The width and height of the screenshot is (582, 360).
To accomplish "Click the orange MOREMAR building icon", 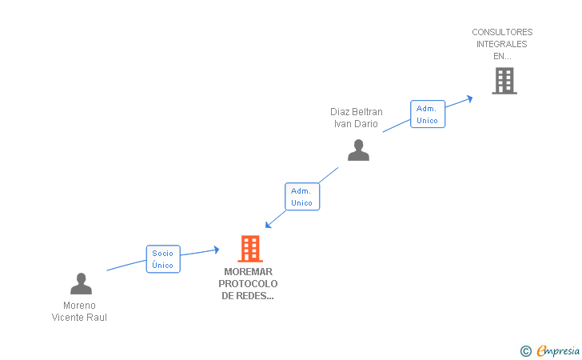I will (x=250, y=249).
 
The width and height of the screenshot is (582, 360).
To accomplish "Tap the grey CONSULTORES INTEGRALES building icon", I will (x=504, y=81).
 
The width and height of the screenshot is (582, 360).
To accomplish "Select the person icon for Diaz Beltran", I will (x=358, y=150).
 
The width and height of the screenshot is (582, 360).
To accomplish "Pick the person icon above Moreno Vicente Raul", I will (x=81, y=283).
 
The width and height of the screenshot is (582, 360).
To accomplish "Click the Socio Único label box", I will (x=163, y=259).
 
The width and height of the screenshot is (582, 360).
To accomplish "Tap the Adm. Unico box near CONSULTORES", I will (x=427, y=114).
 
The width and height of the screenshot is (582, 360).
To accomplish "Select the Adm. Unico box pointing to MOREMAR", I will (x=301, y=197).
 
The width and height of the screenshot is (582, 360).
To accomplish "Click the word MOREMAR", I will (x=249, y=272).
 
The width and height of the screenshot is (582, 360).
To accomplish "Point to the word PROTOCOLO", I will (x=249, y=284).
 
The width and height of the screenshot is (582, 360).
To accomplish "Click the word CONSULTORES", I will (x=502, y=33).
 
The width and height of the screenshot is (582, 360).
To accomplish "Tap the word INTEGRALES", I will (x=502, y=45).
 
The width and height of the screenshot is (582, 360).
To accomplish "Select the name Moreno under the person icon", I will (x=79, y=306).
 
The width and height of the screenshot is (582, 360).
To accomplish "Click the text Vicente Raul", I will (x=79, y=318).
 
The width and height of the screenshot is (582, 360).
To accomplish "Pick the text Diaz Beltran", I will (x=357, y=112).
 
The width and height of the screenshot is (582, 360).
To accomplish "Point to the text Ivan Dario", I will (x=357, y=124).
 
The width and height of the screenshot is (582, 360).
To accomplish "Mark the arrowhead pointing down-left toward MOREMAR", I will (x=269, y=225).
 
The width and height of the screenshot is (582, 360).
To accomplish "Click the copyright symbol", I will (x=525, y=350).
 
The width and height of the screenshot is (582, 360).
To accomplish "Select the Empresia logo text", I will (x=557, y=350).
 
